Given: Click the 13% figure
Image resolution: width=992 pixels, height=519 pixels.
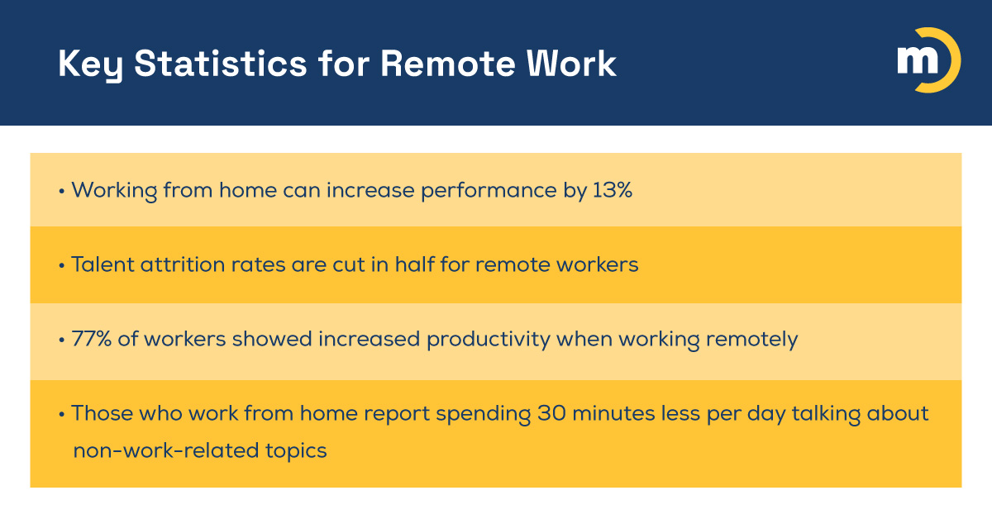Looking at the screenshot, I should click(613, 190).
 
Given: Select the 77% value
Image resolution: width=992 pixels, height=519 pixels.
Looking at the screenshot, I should click(89, 340).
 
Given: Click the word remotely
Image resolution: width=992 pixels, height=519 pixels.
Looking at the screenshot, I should click(749, 340).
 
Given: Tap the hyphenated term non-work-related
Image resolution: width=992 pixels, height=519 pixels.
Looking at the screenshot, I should click(156, 451).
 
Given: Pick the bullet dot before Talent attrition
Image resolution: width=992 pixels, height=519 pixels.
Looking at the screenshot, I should click(62, 266).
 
